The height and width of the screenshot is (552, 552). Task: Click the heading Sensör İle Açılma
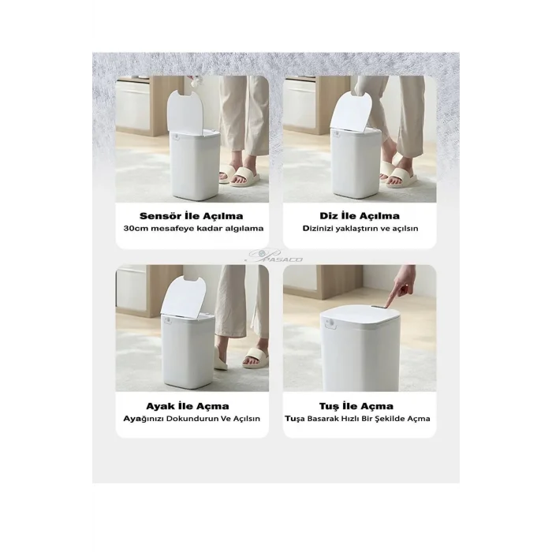tap(191, 215)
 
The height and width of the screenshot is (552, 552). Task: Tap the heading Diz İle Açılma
tap(360, 215)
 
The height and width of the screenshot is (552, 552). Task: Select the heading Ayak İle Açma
tap(188, 406)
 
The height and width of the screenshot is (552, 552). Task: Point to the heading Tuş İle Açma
tap(356, 406)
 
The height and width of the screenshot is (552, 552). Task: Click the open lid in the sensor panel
tap(185, 113)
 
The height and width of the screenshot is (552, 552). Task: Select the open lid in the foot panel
tap(183, 296)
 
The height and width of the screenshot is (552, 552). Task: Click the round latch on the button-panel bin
tap(330, 323)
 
